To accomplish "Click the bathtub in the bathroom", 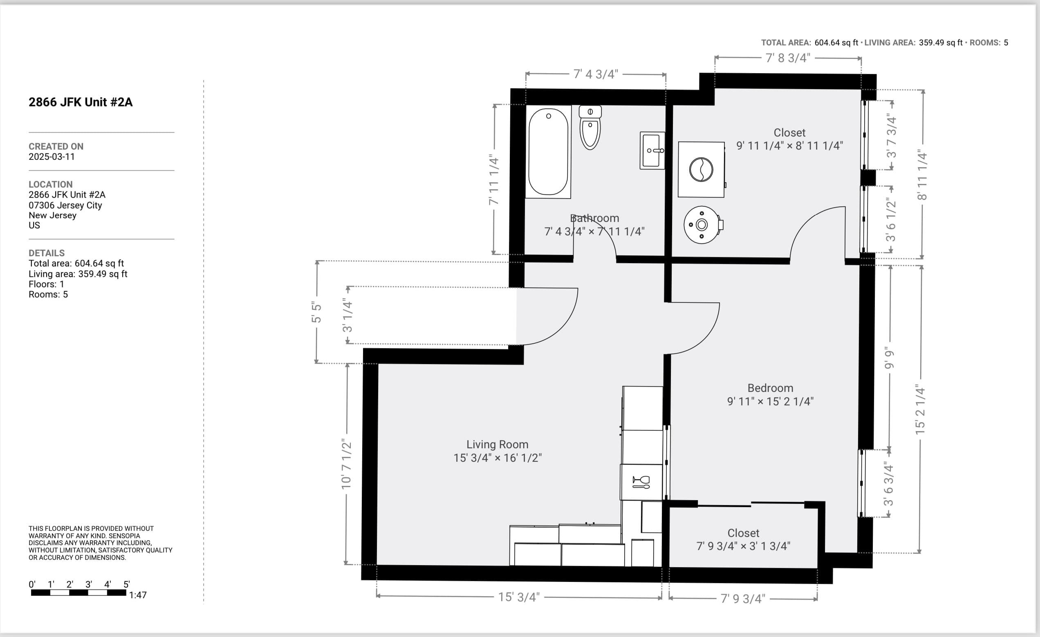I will [x=548, y=152].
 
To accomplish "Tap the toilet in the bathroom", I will [x=589, y=129].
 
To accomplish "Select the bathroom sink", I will [x=652, y=151].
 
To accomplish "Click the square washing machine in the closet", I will [x=701, y=169].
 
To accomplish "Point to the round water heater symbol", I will [x=702, y=225].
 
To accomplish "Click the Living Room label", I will [x=497, y=444].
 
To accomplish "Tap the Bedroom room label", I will [x=770, y=388].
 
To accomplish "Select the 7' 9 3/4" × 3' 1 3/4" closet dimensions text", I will [x=743, y=546].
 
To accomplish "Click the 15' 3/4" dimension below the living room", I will [x=519, y=597].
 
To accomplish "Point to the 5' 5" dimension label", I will [x=316, y=312].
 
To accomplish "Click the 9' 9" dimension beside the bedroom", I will [x=889, y=358].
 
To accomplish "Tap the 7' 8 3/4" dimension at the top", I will [x=788, y=58].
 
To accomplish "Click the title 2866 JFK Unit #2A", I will [x=80, y=102].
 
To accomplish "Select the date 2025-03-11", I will [x=52, y=156].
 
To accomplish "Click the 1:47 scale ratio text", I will [x=138, y=595].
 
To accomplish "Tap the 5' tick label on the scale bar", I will [x=126, y=584].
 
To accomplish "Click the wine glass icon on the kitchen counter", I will [x=641, y=482].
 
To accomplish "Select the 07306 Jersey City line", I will [x=65, y=205].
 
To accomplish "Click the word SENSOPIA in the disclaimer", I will [x=124, y=536].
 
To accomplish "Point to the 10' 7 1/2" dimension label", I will [x=346, y=464].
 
